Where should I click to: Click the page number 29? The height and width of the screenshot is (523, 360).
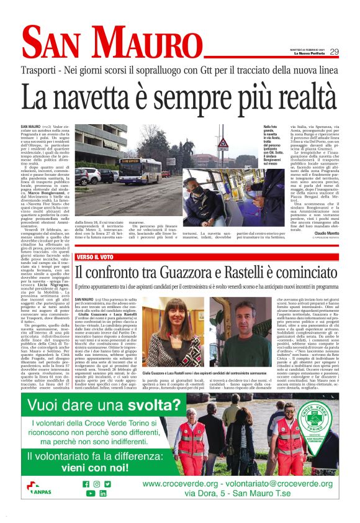point(334,52)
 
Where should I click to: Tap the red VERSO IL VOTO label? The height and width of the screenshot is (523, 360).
point(98,257)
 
